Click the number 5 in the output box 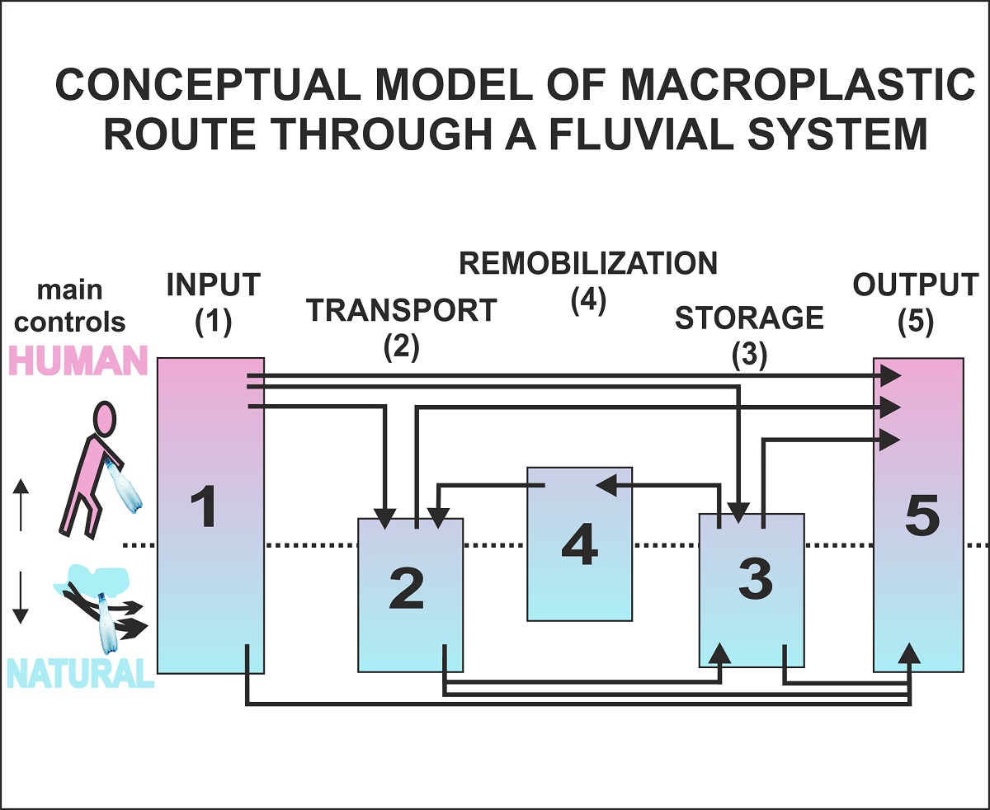point(922,517)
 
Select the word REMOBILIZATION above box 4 point(588,264)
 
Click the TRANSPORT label point(402,311)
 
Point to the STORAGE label point(749,318)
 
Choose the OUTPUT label point(916,286)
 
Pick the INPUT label point(213,286)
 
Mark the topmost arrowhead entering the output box point(889,376)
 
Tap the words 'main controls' point(70,306)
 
